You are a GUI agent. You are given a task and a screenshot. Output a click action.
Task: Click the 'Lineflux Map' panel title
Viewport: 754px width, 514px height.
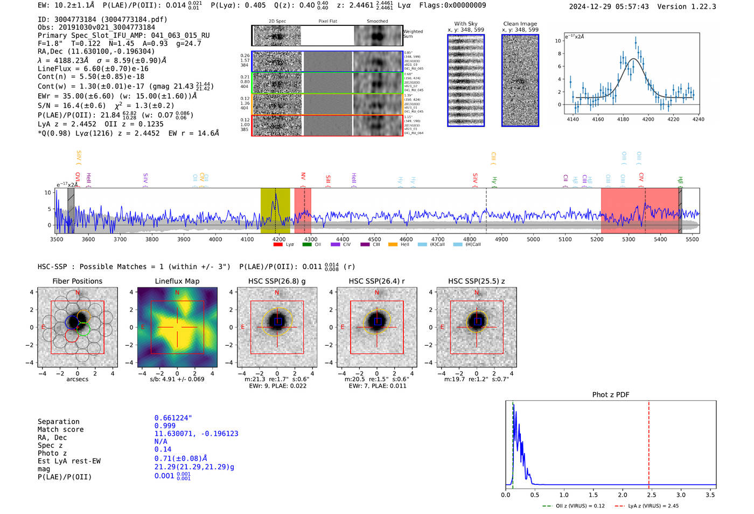[177, 281]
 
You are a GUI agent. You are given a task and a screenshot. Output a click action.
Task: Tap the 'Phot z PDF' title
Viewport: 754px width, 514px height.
[611, 394]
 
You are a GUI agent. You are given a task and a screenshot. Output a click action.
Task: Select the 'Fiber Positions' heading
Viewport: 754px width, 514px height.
[77, 281]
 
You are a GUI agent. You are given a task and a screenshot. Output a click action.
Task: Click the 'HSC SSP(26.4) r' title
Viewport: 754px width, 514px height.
[376, 281]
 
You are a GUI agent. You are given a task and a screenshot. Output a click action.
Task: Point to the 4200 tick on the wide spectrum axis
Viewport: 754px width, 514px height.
[279, 239]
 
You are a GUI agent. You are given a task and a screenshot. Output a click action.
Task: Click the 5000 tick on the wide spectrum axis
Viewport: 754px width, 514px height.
[533, 239]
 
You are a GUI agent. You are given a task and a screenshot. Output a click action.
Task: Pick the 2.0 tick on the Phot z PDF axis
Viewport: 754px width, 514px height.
[623, 495]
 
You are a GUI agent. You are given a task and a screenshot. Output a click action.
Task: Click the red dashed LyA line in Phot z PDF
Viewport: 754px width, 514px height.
[648, 442]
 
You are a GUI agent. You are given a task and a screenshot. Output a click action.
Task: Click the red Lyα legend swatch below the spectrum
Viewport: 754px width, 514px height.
[278, 245]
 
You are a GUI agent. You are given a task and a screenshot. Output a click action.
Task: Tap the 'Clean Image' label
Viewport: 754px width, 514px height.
[520, 24]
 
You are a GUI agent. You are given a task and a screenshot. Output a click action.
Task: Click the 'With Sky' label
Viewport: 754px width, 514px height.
[465, 24]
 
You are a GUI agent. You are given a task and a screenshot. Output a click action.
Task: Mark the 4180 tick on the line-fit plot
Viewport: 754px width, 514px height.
[623, 119]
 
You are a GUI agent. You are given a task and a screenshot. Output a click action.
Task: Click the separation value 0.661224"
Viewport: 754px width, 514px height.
[173, 418]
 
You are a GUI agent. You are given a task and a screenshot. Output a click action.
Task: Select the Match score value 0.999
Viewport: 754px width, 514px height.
[165, 426]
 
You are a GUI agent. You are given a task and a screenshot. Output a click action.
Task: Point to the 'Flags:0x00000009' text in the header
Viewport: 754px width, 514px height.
[452, 5]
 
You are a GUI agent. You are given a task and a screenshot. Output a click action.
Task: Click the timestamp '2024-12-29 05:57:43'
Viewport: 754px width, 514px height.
[609, 6]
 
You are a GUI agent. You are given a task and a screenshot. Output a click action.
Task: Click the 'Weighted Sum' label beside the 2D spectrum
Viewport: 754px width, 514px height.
[413, 34]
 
